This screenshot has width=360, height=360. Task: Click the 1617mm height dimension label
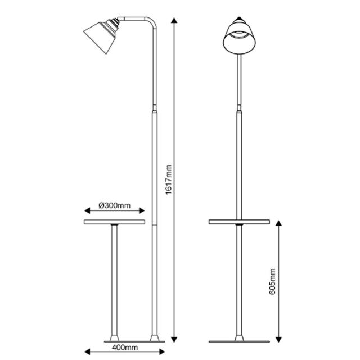pyautogui.click(x=169, y=179)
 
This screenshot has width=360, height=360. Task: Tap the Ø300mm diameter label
pyautogui.click(x=115, y=205)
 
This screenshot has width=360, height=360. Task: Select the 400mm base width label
pyautogui.click(x=125, y=348)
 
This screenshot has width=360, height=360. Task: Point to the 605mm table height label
pyautogui.click(x=272, y=281)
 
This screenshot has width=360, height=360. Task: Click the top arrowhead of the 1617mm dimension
pyautogui.click(x=174, y=21)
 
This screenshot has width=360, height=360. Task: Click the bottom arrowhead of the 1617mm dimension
pyautogui.click(x=174, y=339)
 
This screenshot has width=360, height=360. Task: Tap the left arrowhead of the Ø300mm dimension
pyautogui.click(x=87, y=210)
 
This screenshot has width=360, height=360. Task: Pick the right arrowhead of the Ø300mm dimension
pyautogui.click(x=142, y=210)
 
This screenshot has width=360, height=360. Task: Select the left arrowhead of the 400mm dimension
pyautogui.click(x=87, y=352)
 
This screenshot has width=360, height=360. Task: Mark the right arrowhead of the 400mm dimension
pyautogui.click(x=162, y=352)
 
